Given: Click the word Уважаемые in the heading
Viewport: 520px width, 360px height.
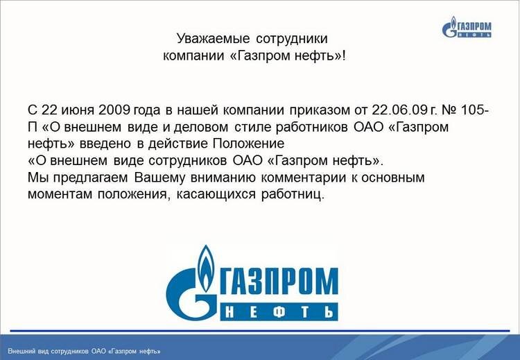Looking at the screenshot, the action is [x=213, y=39].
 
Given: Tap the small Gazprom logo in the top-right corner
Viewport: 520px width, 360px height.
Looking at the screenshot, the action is [x=467, y=26].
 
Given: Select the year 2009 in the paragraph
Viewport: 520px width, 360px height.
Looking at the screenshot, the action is [x=114, y=110].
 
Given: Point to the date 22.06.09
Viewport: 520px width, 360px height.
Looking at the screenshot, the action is [x=399, y=110].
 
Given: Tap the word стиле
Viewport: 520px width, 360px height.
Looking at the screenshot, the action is [x=253, y=127].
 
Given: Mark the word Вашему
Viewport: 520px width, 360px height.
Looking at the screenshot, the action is [x=159, y=178].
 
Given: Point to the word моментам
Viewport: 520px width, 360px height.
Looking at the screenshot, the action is [x=60, y=194].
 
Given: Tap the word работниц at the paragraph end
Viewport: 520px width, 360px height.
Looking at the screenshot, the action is [x=291, y=195].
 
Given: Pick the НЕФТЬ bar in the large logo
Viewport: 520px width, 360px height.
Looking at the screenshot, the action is [x=279, y=311].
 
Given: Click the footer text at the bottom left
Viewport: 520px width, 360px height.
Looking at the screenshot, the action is [x=84, y=351].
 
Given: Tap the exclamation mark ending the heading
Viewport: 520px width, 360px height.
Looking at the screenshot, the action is [x=344, y=55].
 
